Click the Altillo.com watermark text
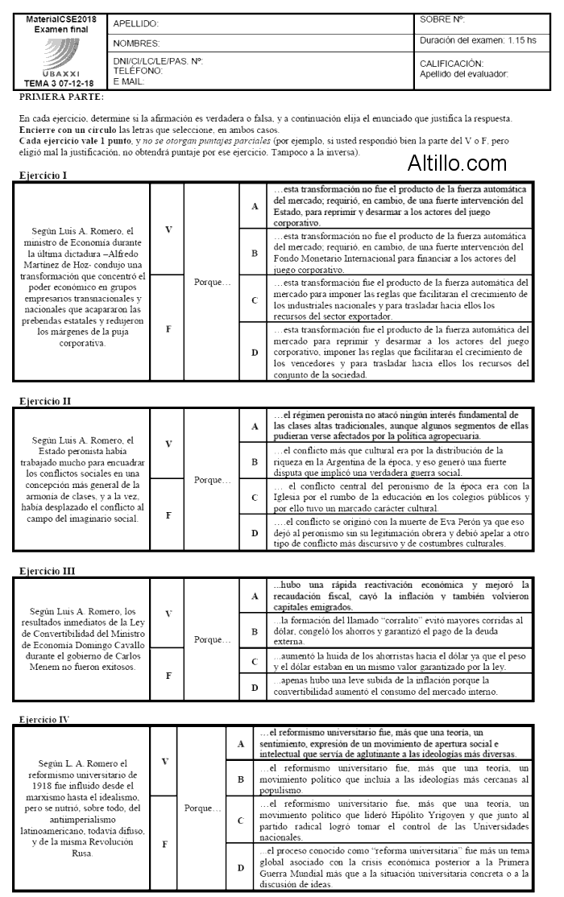(457, 163)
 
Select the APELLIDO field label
(136, 24)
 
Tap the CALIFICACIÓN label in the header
(451, 63)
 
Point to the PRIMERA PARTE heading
(62, 97)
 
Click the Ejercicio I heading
(44, 175)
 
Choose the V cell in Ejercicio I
(168, 229)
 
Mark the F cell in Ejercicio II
(168, 515)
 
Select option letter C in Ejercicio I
(255, 300)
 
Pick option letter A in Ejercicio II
(255, 425)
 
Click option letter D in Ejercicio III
(255, 687)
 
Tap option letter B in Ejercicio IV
(240, 779)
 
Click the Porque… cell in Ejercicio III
(212, 639)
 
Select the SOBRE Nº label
(442, 19)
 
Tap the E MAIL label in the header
(129, 81)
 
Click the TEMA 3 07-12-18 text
(59, 83)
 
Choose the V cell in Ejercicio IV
(165, 761)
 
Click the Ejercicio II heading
(46, 399)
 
